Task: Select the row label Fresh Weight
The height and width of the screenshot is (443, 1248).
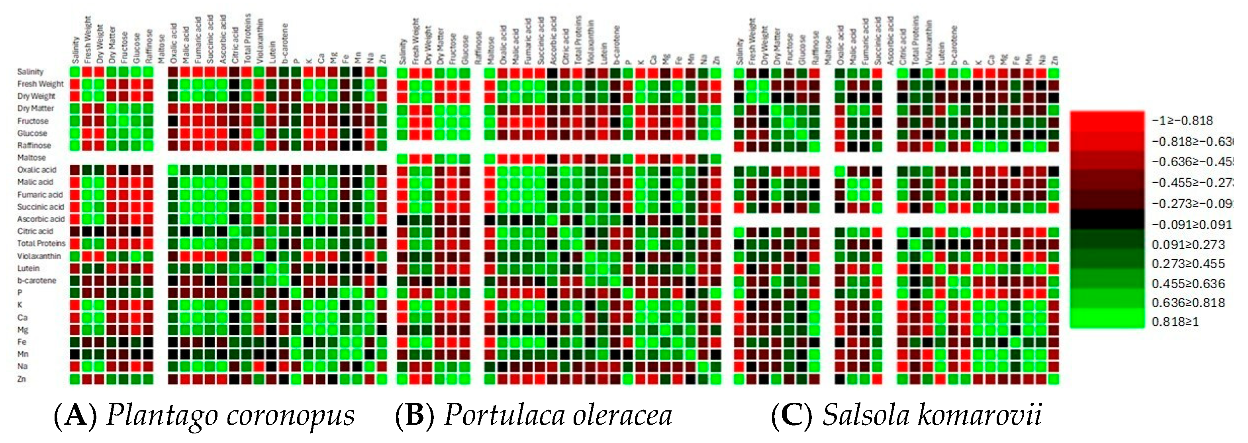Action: pyautogui.click(x=40, y=84)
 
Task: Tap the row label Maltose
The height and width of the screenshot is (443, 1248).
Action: pyautogui.click(x=31, y=157)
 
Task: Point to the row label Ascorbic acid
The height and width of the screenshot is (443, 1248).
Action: pyautogui.click(x=41, y=219)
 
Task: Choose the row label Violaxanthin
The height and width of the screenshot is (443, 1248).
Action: pyautogui.click(x=39, y=256)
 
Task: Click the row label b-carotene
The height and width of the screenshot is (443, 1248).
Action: pyautogui.click(x=36, y=280)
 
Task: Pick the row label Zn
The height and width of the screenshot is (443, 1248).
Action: pyautogui.click(x=22, y=379)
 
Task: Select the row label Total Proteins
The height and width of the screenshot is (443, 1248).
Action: pyautogui.click(x=41, y=243)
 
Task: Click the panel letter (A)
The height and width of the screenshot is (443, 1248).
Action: pyautogui.click(x=75, y=415)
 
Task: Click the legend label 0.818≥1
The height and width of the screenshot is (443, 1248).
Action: pyautogui.click(x=1175, y=322)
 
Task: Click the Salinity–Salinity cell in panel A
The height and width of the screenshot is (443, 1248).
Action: pyautogui.click(x=74, y=72)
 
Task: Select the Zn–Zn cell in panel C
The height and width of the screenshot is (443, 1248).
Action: pyautogui.click(x=1053, y=379)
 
